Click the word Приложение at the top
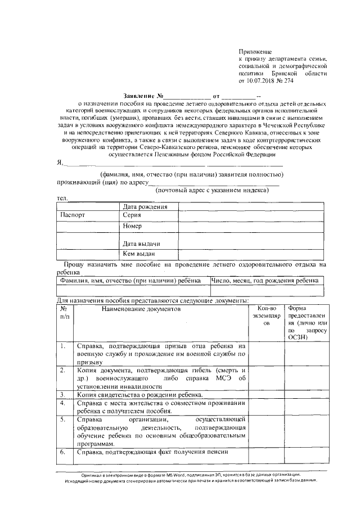point(255,51)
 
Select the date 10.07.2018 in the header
point(259,81)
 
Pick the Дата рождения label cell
point(146,207)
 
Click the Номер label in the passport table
point(133,226)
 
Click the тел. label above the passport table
point(62,198)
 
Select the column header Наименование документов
point(142,309)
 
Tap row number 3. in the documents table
point(64,395)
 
